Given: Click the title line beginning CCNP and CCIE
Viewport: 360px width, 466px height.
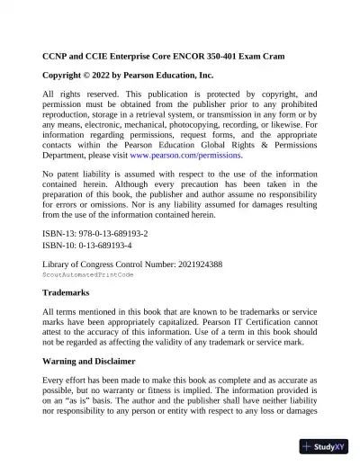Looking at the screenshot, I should (164, 56).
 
